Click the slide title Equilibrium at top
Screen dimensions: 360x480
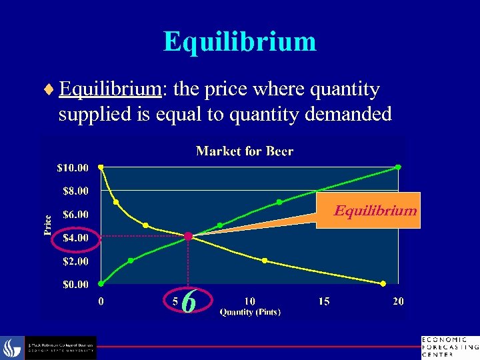click(239, 41)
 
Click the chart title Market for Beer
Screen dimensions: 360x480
click(245, 151)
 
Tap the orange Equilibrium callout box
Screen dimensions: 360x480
click(368, 211)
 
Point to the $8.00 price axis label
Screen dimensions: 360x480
click(74, 191)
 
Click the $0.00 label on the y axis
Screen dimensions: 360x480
click(74, 285)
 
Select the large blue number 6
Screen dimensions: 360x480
click(189, 303)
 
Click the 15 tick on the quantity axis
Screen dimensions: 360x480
click(323, 301)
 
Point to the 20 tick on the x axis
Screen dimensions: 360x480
click(397, 301)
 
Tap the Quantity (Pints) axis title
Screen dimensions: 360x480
click(250, 311)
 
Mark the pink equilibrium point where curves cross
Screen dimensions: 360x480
click(189, 236)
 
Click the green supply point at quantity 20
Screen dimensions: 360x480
click(398, 167)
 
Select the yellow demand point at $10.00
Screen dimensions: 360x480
click(101, 167)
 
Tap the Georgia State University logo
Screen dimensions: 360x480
click(60, 347)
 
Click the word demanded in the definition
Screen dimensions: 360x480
click(348, 114)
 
